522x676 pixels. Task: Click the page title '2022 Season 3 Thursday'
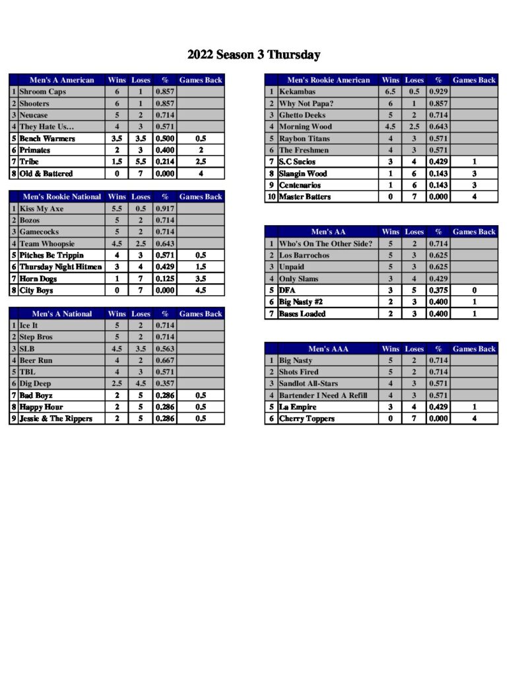253,55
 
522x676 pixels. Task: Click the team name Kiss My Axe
42,209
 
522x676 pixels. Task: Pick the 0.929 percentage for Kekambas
438,92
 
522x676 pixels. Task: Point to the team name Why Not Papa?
306,104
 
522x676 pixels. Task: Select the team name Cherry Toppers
307,419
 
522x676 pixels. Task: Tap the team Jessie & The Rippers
55,419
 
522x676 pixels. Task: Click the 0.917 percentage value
165,209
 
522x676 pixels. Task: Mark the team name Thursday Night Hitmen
61,267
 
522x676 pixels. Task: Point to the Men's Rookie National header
62,197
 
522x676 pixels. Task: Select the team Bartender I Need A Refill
323,395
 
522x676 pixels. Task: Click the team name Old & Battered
46,174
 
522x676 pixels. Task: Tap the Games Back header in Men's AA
474,232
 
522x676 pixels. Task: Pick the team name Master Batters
305,197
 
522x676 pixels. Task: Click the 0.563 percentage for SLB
165,349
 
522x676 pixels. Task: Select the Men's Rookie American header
329,80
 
